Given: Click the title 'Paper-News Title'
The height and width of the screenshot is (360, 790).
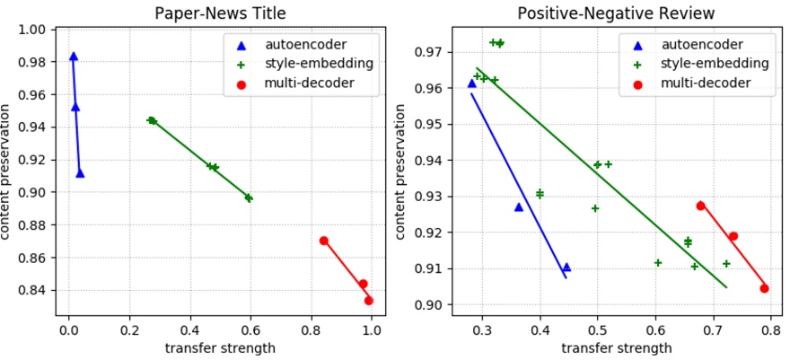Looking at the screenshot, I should pos(220,13).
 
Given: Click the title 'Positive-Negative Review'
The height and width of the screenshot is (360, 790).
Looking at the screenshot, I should pos(615,13).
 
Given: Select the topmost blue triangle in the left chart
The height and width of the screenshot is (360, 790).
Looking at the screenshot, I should pos(74,57).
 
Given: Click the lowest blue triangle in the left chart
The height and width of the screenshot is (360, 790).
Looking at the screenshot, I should pos(80,173).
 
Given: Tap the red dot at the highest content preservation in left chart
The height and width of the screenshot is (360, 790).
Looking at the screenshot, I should pos(324,241).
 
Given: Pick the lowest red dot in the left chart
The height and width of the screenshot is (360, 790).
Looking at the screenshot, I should pos(369,301).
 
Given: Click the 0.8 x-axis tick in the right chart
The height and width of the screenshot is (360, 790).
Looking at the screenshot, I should pos(770,329).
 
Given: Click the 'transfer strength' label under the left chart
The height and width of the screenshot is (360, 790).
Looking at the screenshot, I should pos(220,348).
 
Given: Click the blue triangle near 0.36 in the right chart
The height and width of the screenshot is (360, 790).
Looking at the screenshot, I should pos(518,207).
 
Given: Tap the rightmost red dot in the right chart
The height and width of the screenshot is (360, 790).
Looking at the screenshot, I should pos(764,288).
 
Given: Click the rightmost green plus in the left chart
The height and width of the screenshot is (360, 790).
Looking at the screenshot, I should pos(249,198).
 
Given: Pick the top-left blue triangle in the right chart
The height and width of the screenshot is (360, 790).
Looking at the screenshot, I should pos(472,83).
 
